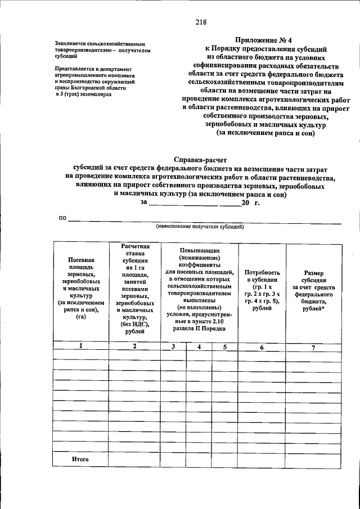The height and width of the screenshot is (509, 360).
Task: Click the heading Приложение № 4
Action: (266, 40)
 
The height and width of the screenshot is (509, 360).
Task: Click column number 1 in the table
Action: (80, 346)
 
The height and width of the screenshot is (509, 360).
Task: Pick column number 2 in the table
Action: (134, 346)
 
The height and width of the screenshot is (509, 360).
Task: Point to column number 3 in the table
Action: (174, 346)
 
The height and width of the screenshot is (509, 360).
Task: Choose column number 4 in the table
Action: (199, 346)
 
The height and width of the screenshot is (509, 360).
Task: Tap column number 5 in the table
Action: (224, 346)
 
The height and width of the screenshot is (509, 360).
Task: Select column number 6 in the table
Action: (262, 347)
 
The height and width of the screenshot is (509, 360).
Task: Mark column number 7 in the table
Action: (313, 347)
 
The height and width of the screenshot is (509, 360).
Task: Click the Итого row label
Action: (80, 460)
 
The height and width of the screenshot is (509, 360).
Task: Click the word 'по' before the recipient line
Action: (62, 218)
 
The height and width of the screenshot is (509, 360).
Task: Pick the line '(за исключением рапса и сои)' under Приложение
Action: (266, 133)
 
